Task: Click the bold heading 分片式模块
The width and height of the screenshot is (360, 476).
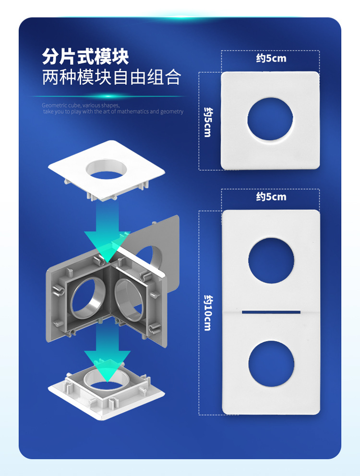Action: (85, 57)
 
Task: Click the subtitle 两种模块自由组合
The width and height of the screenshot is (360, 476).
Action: (111, 78)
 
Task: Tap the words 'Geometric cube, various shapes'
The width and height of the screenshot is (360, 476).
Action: (81, 105)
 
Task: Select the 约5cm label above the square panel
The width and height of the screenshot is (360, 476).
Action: (271, 59)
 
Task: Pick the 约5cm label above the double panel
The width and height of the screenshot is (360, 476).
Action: (271, 197)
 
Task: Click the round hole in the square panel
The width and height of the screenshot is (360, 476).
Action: (270, 119)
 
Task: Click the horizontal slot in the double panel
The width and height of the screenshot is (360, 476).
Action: (271, 312)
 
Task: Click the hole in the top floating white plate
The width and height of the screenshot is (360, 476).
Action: (107, 169)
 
